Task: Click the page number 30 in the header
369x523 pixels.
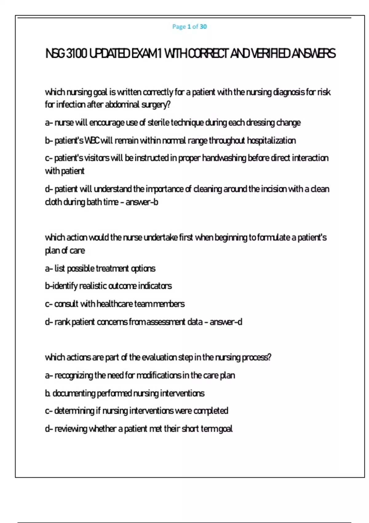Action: (x=203, y=27)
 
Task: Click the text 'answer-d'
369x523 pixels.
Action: (x=226, y=322)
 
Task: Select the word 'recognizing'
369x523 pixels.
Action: (x=74, y=376)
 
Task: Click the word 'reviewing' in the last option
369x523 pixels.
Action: (x=71, y=429)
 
